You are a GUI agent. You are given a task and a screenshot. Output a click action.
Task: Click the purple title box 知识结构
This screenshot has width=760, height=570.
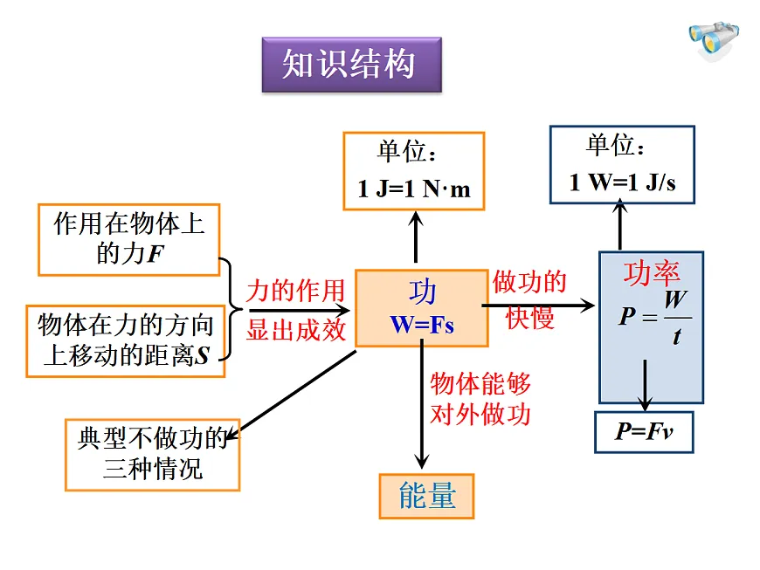point(351,65)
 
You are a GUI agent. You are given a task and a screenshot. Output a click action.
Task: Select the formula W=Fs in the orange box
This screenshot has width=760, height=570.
point(422,324)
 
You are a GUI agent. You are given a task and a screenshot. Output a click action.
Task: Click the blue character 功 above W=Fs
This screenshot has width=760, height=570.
point(422,292)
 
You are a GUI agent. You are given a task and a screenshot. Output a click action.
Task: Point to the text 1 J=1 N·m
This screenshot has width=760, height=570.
point(413,189)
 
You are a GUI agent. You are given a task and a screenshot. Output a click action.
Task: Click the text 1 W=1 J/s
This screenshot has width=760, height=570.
point(621,182)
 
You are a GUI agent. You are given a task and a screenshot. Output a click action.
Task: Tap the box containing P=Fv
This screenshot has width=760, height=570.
point(644,432)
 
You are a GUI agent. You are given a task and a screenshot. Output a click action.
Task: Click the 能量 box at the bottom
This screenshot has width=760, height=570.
point(426,497)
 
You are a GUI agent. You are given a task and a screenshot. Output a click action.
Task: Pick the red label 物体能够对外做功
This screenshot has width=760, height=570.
point(480,398)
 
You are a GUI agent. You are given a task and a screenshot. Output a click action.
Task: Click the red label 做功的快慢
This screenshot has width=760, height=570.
point(530,299)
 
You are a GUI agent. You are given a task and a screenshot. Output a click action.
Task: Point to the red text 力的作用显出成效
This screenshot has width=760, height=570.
point(295,310)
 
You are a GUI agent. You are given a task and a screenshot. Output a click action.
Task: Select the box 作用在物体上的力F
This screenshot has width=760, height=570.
point(128,239)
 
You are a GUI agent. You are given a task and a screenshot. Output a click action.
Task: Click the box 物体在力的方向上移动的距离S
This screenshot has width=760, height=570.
point(126,340)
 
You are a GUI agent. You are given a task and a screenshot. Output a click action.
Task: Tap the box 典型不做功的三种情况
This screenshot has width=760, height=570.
point(152,453)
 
